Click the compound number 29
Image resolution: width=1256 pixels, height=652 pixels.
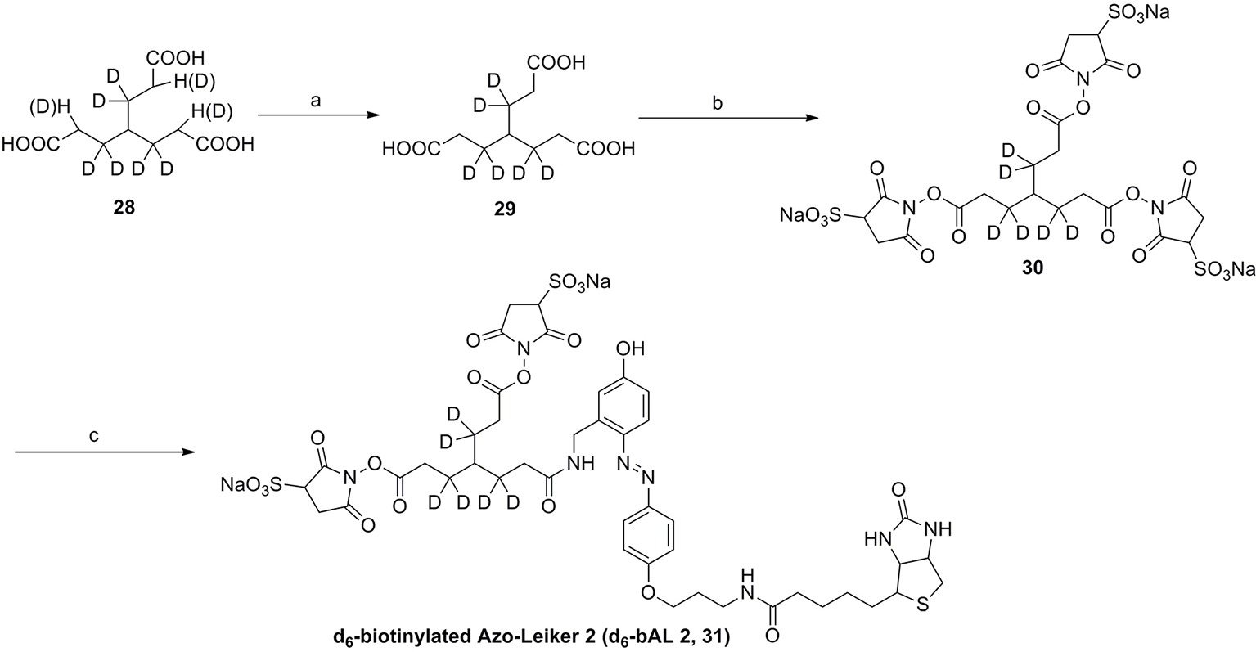505,209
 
